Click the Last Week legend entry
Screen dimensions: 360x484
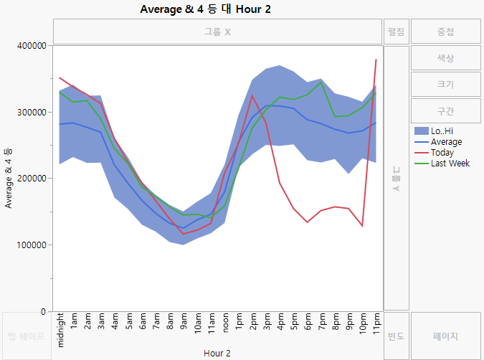(450, 164)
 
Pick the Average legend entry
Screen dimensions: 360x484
(447, 142)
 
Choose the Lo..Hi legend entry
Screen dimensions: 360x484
(443, 131)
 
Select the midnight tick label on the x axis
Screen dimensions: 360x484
(61, 328)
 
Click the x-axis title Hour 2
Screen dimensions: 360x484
(217, 353)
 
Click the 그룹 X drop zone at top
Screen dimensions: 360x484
(217, 32)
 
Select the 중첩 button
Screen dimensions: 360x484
(445, 32)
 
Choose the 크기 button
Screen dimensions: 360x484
(445, 85)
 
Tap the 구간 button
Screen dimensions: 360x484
(445, 111)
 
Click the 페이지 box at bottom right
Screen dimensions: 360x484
(445, 336)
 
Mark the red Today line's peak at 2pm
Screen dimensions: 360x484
(252, 95)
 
